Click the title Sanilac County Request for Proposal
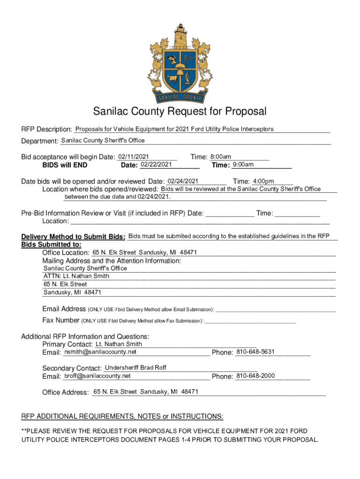click(180, 111)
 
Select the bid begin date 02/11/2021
click(133, 156)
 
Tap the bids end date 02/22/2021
click(156, 164)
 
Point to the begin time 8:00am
click(221, 157)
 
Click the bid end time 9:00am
click(243, 164)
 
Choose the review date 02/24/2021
click(183, 181)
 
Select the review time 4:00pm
click(263, 181)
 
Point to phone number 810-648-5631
click(255, 352)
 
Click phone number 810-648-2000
click(255, 376)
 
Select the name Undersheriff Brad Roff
click(136, 368)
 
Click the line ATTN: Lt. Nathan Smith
click(76, 276)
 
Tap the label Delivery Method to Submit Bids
click(73, 237)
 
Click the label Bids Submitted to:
click(51, 245)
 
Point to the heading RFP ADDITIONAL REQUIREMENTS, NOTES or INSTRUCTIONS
click(122, 416)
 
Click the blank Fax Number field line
click(250, 320)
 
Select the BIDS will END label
click(65, 165)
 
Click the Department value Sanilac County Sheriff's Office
click(103, 140)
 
